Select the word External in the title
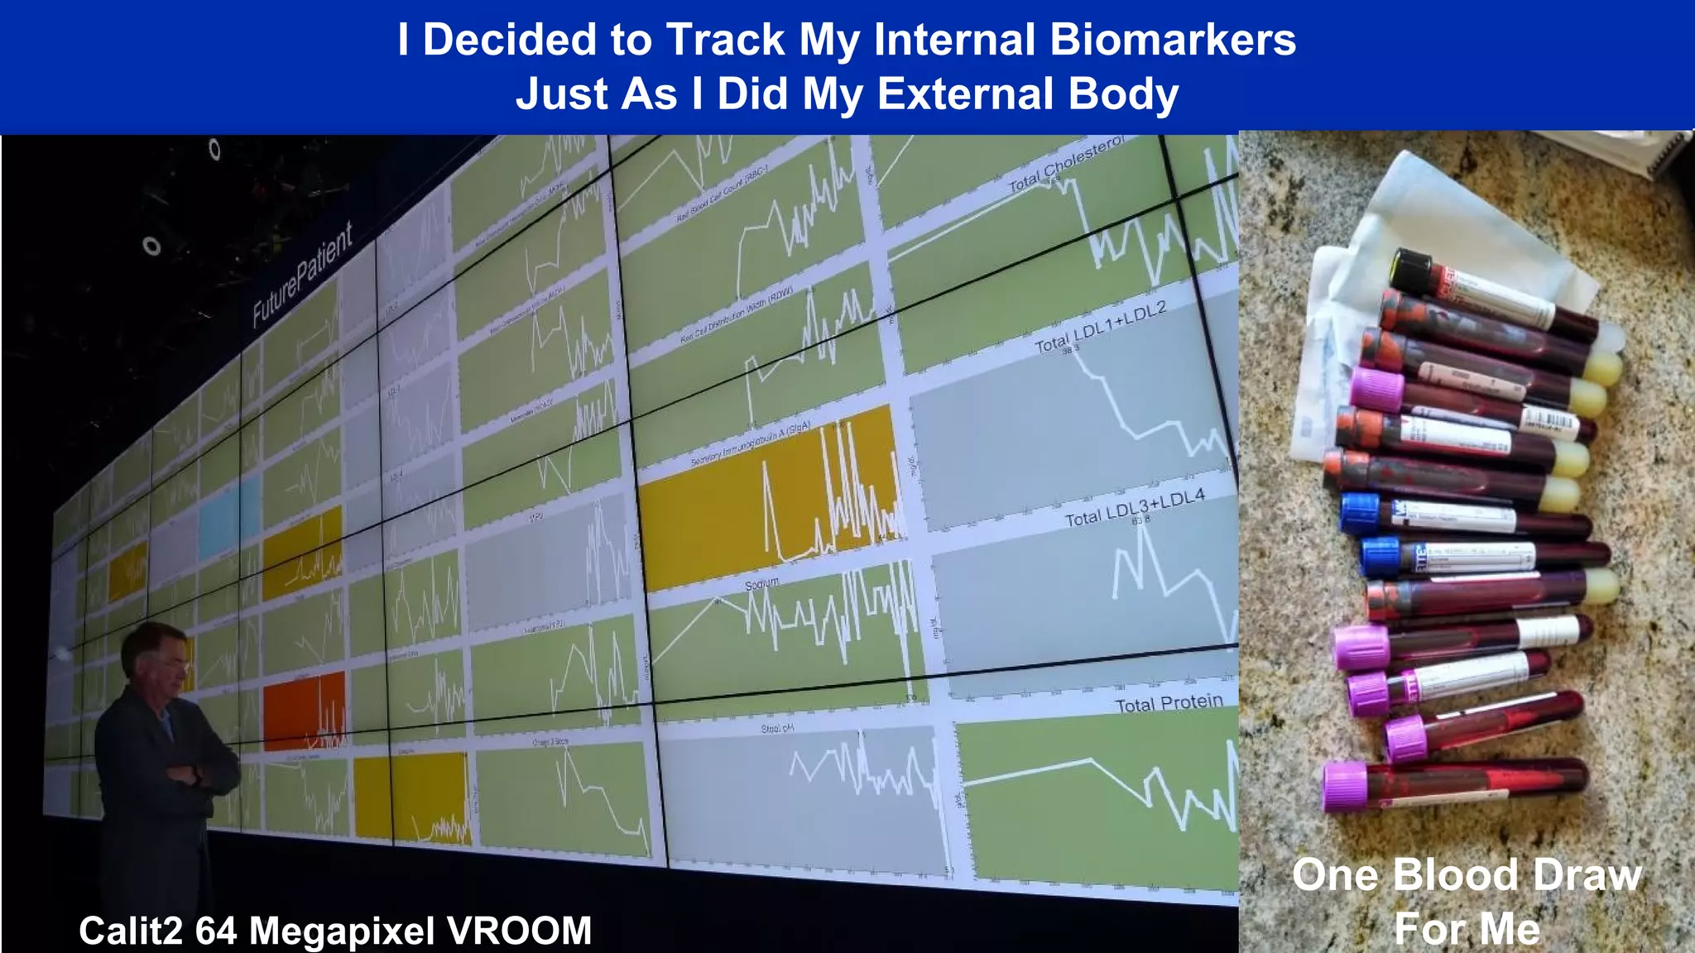point(965,93)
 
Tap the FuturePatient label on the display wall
point(302,274)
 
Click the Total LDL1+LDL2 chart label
point(1100,328)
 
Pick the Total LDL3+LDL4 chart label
point(1134,507)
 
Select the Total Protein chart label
point(1169,703)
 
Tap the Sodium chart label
point(761,583)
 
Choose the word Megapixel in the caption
point(342,931)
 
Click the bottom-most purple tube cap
point(1345,785)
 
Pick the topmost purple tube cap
point(1376,390)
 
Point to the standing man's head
point(156,658)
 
